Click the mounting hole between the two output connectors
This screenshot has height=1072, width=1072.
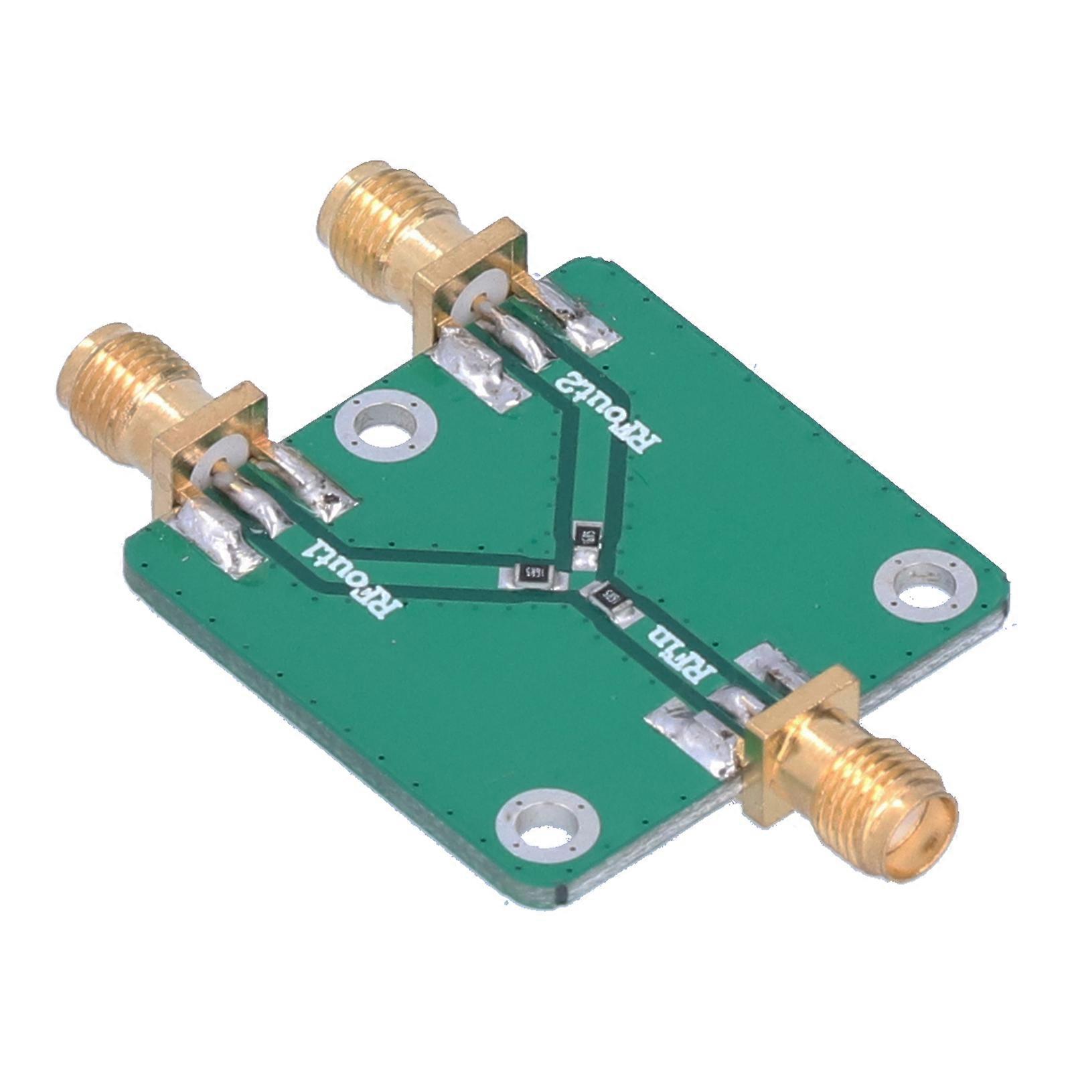coord(386,427)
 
